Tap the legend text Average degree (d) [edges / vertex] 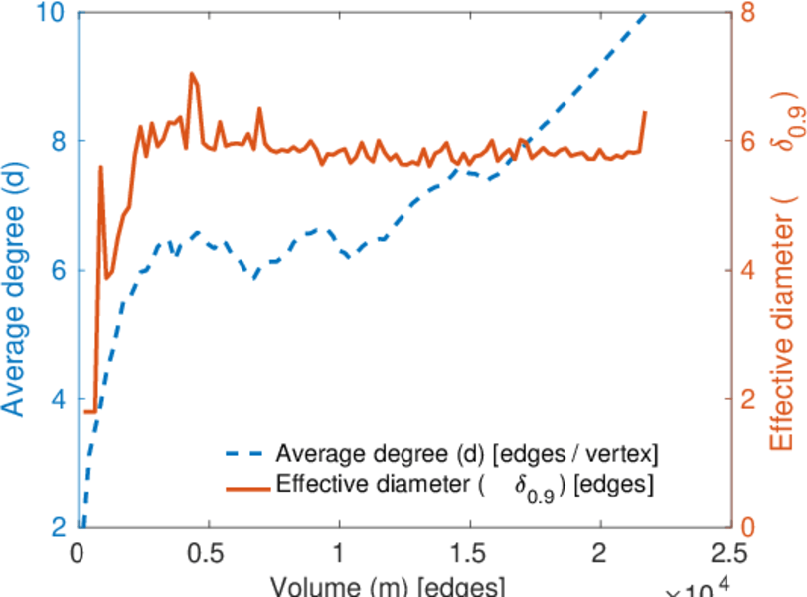[467, 454]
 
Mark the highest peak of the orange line [191, 73]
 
